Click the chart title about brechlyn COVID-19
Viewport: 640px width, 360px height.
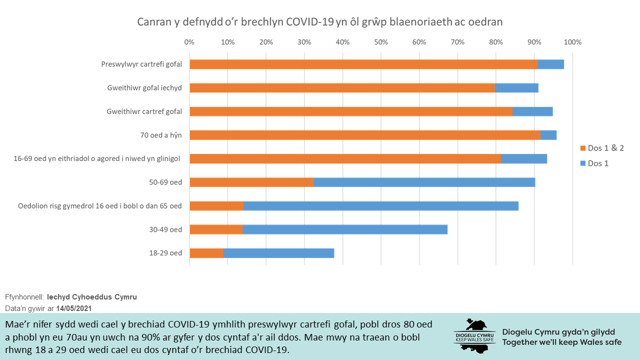[320, 22]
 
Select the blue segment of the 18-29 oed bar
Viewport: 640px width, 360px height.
[278, 253]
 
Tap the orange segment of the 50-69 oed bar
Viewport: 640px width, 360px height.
[251, 182]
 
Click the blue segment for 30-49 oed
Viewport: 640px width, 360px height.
[345, 229]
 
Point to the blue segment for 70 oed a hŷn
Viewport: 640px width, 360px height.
[548, 135]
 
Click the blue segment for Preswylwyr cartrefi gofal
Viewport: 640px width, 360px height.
[550, 64]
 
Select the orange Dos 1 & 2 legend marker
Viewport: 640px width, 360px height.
[582, 148]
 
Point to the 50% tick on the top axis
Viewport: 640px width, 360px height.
[381, 42]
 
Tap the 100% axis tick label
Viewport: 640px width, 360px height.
[572, 42]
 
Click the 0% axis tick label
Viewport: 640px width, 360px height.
[189, 42]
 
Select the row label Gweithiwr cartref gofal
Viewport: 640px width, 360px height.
[144, 111]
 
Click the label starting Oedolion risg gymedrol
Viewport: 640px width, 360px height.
[100, 206]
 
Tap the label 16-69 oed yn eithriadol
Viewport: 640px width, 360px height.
[97, 159]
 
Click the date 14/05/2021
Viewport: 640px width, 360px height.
[74, 308]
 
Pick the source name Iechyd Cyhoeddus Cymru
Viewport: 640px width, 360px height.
[91, 297]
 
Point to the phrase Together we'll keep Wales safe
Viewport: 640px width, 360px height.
[561, 342]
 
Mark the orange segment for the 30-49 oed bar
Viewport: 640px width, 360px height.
[216, 229]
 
